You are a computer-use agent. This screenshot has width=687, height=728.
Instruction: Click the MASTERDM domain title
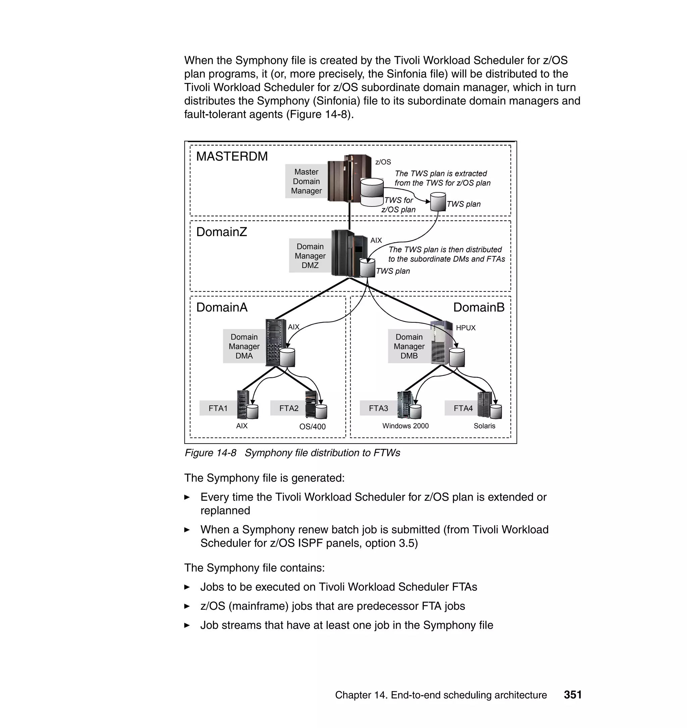pyautogui.click(x=232, y=156)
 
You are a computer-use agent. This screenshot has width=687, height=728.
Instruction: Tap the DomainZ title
pyautogui.click(x=221, y=232)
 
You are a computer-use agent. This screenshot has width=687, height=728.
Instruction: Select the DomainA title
pyautogui.click(x=221, y=308)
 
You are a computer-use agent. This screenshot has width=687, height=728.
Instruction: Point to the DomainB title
pyautogui.click(x=479, y=308)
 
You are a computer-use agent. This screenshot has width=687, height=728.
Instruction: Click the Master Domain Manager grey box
pyautogui.click(x=306, y=181)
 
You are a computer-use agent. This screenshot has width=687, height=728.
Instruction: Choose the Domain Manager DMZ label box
pyautogui.click(x=310, y=256)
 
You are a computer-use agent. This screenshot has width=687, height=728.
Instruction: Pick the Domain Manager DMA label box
pyautogui.click(x=244, y=347)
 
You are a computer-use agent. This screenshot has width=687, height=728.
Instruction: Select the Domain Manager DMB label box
pyautogui.click(x=409, y=347)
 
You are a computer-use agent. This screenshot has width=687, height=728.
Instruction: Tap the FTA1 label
pyautogui.click(x=218, y=408)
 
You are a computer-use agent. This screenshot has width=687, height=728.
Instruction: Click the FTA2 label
pyautogui.click(x=288, y=408)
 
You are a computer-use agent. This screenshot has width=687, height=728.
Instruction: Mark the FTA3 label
pyautogui.click(x=378, y=408)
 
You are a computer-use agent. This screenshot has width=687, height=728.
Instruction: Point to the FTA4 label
pyautogui.click(x=463, y=408)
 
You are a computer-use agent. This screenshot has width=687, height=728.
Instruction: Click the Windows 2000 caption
pyautogui.click(x=405, y=426)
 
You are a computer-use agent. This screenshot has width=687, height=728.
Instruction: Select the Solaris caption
pyautogui.click(x=484, y=426)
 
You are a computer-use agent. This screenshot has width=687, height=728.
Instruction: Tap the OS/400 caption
pyautogui.click(x=312, y=427)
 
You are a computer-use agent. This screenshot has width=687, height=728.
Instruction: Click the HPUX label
pyautogui.click(x=466, y=328)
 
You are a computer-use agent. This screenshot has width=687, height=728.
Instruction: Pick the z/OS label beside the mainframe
pyautogui.click(x=383, y=162)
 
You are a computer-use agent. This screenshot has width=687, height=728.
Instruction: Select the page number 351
pyautogui.click(x=573, y=695)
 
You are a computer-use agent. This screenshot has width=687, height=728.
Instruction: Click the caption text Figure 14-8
pyautogui.click(x=211, y=453)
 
